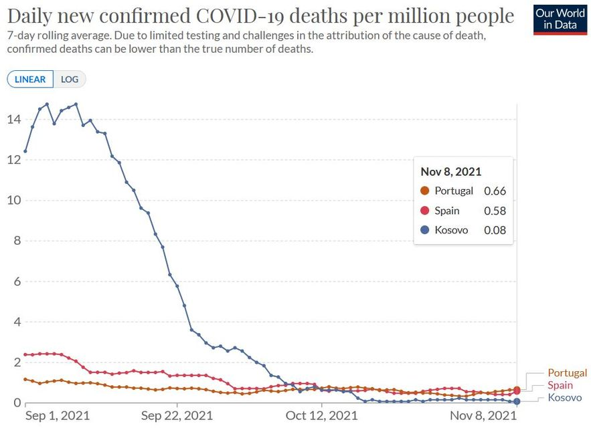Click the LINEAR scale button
click(x=30, y=79)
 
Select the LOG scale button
click(x=70, y=79)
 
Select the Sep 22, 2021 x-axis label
click(x=177, y=416)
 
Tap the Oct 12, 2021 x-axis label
click(x=322, y=416)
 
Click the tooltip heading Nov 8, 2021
click(x=450, y=171)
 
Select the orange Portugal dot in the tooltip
click(x=424, y=191)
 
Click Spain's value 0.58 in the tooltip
click(x=494, y=211)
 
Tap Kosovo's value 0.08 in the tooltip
click(x=494, y=231)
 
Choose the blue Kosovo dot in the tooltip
click(x=424, y=231)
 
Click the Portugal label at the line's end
click(x=567, y=373)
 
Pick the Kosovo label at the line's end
click(x=564, y=398)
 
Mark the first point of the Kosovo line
click(x=25, y=150)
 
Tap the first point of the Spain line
click(x=25, y=354)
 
